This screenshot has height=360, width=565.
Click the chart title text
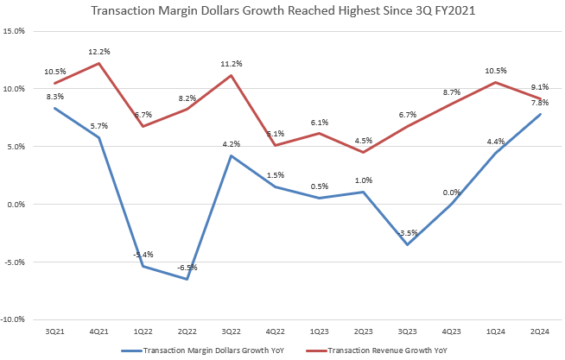coord(282,12)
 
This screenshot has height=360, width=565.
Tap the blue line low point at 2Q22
coord(187,279)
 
